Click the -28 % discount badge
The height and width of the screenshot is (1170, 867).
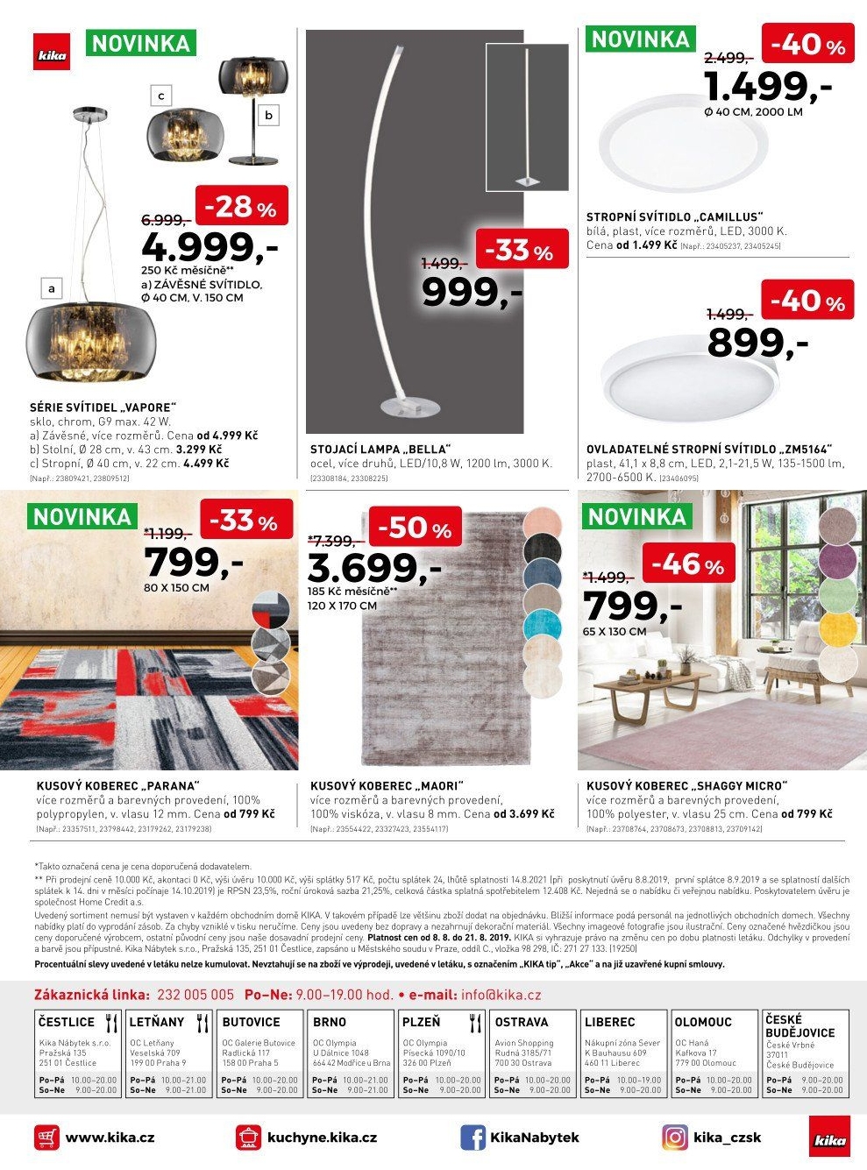[241, 207]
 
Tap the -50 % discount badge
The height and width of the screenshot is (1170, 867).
[415, 528]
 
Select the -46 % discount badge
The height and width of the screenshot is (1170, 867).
[687, 565]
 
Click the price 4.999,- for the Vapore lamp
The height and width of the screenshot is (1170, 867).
[209, 248]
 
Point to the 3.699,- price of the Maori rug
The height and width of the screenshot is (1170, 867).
[374, 570]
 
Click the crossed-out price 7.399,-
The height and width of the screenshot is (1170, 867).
[330, 542]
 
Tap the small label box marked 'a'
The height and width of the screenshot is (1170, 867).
[52, 287]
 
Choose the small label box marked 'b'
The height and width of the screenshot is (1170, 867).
[268, 115]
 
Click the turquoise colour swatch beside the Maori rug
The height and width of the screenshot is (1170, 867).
[542, 627]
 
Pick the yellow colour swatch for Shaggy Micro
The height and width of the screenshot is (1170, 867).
[838, 627]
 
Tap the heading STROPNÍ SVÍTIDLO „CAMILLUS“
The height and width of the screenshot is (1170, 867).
[675, 217]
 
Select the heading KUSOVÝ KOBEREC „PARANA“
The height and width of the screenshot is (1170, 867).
[117, 786]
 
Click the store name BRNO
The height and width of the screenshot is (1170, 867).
[330, 1022]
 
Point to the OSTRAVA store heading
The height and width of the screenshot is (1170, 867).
[522, 1022]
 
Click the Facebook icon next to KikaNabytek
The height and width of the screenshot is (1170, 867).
[473, 1138]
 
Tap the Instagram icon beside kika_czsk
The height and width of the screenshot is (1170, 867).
[675, 1138]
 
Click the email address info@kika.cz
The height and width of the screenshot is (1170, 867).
[501, 995]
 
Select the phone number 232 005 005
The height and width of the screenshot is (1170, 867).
[195, 995]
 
